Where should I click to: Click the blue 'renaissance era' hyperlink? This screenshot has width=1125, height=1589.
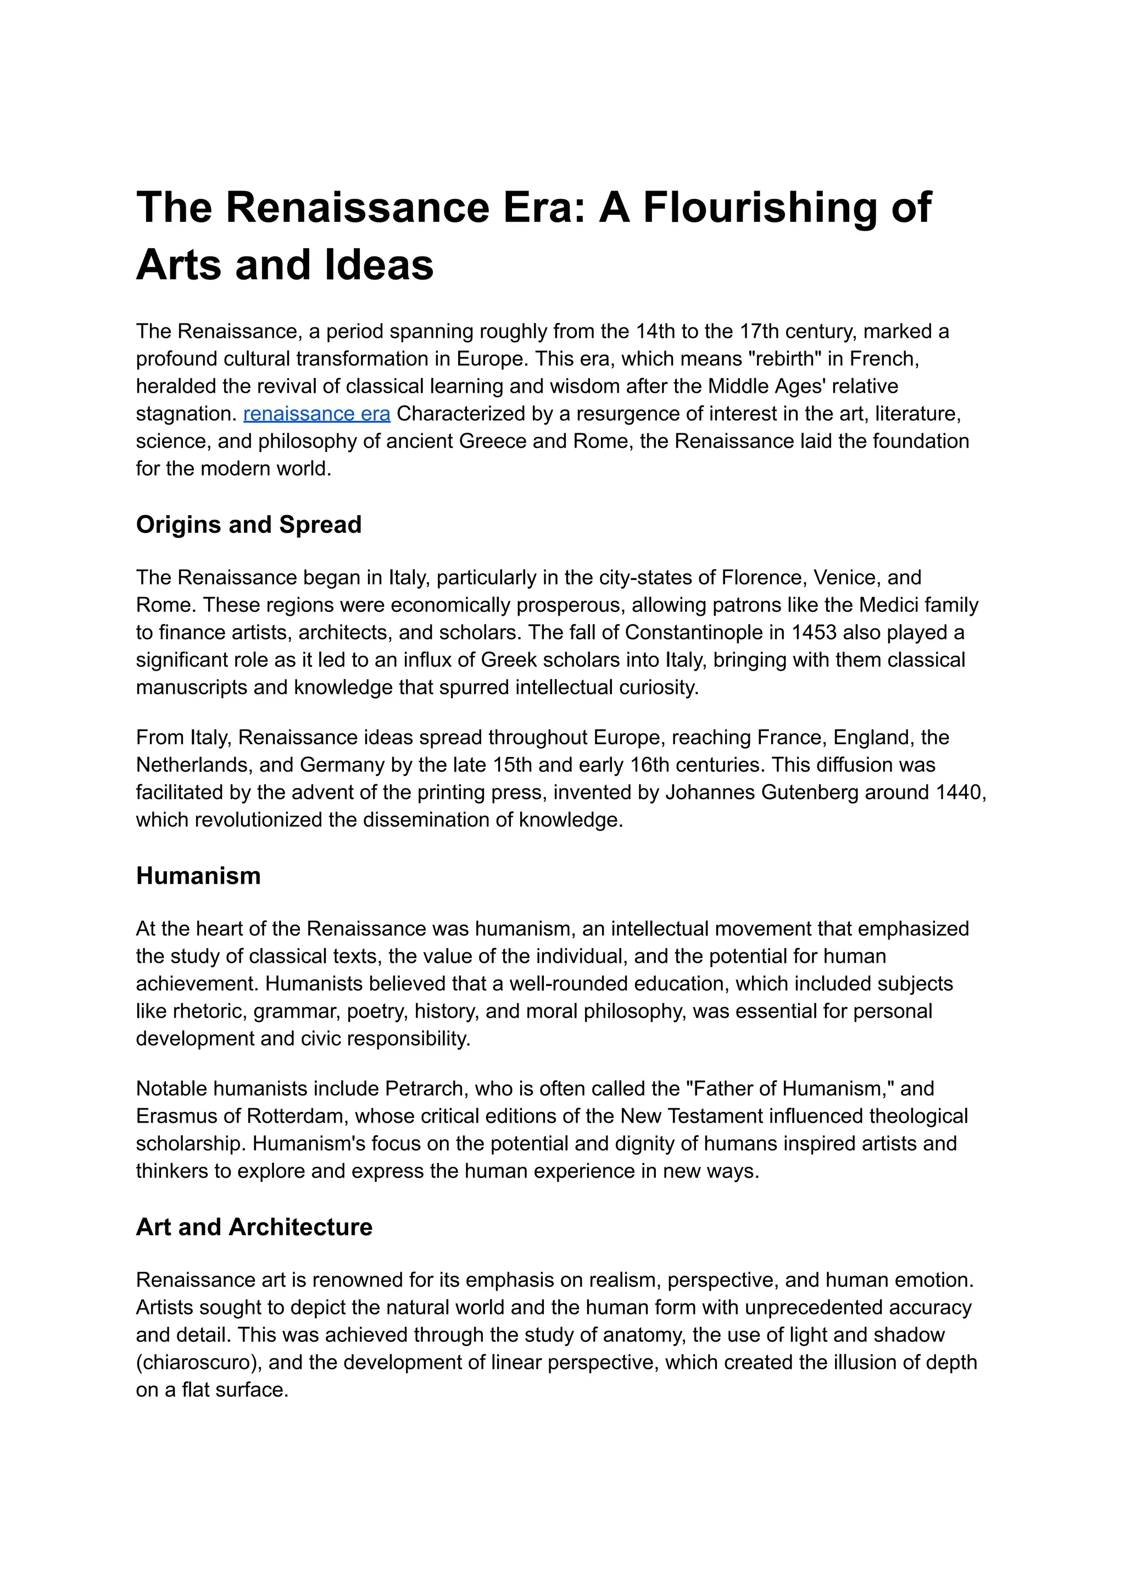[316, 414]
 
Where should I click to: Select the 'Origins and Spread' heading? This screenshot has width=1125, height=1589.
[249, 525]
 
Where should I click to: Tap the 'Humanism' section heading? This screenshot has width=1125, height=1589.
[198, 876]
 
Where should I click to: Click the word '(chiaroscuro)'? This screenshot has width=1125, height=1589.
[199, 1363]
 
